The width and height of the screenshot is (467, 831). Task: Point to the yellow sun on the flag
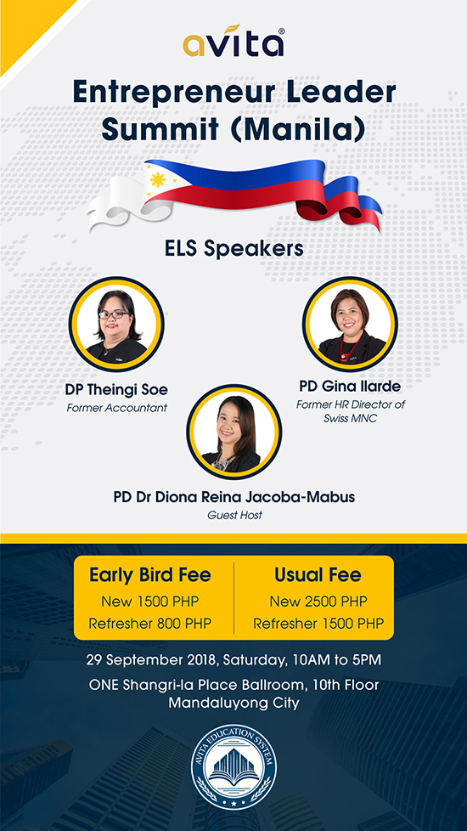[158, 180]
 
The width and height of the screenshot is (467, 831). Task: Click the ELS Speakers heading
[233, 249]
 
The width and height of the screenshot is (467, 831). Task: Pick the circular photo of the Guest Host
[233, 432]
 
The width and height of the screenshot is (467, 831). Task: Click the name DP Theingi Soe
[116, 391]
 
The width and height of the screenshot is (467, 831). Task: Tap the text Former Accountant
[116, 409]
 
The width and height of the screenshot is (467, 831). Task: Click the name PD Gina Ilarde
[350, 387]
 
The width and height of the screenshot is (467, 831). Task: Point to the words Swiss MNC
[350, 417]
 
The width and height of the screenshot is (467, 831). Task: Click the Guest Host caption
[234, 515]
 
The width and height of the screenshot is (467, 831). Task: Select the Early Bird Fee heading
[149, 575]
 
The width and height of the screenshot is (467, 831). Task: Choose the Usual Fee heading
[318, 575]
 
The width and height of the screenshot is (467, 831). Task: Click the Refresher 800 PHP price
[149, 624]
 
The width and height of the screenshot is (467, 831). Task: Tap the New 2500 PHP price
[318, 602]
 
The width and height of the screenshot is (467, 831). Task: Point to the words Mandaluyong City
[233, 703]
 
